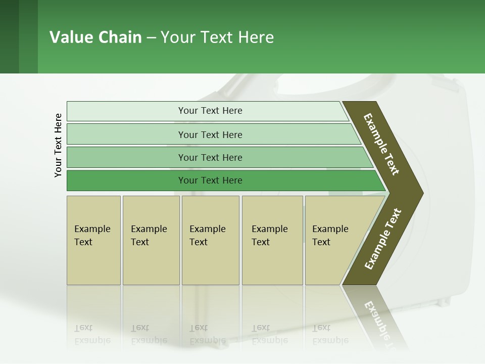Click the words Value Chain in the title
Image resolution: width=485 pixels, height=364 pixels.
click(95, 37)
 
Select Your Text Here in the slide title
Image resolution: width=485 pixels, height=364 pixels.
click(217, 37)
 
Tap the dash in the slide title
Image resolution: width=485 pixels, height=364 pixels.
click(151, 38)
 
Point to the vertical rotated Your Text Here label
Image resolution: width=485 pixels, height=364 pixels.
click(58, 145)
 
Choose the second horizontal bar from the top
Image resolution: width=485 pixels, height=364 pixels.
click(210, 134)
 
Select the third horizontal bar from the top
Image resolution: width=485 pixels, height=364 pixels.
click(210, 157)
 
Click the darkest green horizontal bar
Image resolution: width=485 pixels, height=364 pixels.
click(210, 180)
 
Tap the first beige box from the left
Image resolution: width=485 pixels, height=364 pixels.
click(93, 240)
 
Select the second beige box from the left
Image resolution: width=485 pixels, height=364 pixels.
click(151, 240)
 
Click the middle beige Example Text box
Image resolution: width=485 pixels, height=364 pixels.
click(210, 240)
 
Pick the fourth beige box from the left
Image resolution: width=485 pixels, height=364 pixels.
click(272, 240)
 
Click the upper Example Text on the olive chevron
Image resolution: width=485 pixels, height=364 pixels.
click(381, 144)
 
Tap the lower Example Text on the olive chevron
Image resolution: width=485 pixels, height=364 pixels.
click(383, 239)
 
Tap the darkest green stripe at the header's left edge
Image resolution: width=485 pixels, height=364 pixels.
click(9, 36)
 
